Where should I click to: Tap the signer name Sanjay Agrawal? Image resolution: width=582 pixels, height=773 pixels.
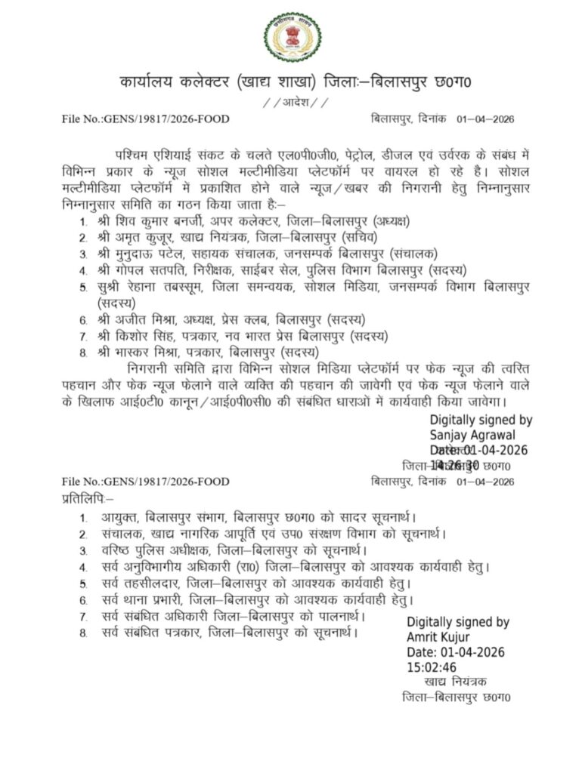pyautogui.click(x=473, y=435)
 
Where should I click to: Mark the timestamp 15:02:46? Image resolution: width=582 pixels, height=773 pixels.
pyautogui.click(x=432, y=667)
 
